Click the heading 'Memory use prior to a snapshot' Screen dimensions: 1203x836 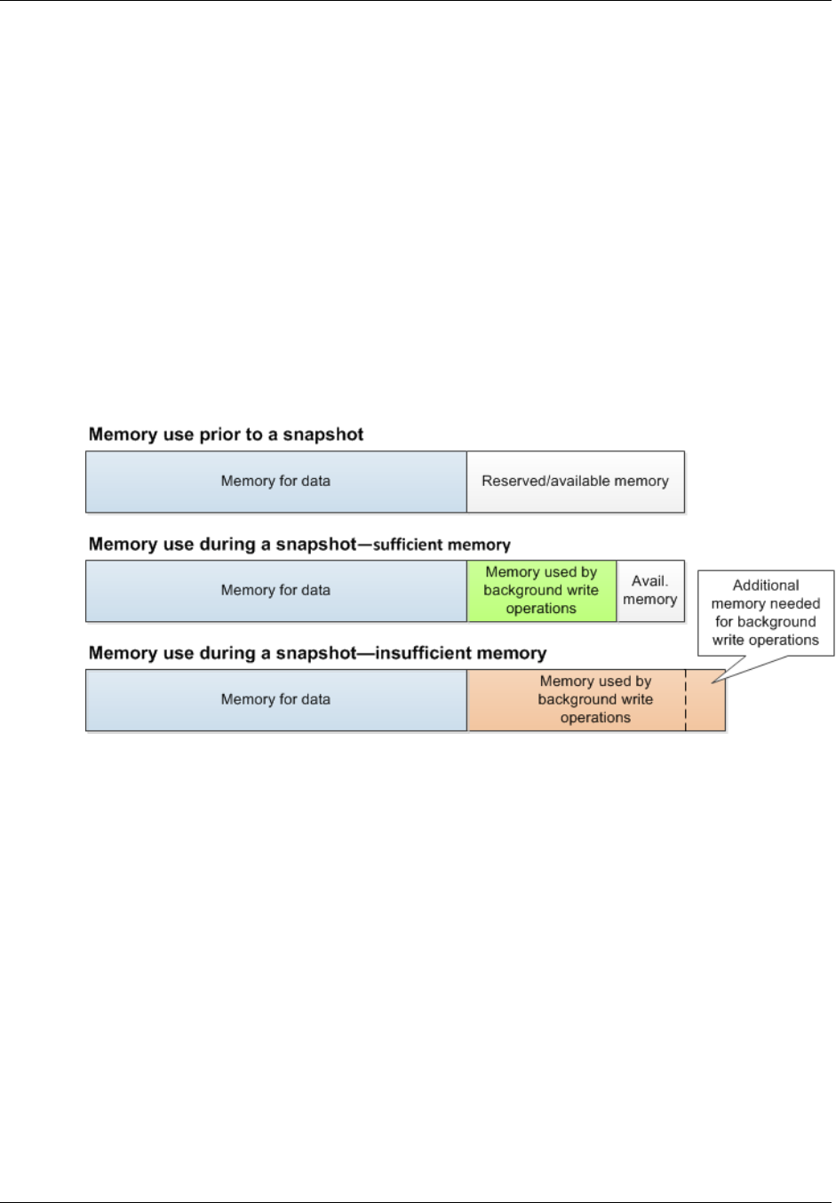pos(226,434)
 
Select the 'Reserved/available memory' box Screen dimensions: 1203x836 pos(575,482)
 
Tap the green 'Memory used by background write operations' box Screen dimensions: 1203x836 pos(541,591)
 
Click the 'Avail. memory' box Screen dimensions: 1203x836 pos(650,591)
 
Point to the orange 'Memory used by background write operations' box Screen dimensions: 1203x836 pos(576,700)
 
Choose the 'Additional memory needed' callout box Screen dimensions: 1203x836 pos(766,613)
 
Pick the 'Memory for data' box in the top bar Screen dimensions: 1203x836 pos(275,482)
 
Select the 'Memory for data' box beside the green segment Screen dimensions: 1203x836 pos(275,591)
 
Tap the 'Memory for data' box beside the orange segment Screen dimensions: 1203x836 pos(275,700)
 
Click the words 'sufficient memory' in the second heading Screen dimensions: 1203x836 pos(442,545)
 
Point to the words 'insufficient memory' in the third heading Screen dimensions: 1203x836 pos(460,654)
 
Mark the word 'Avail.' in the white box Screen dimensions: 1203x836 pos(649,581)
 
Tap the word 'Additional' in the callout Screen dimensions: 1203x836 pos(766,586)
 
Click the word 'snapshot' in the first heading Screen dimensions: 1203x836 pos(323,434)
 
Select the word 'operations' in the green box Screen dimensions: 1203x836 pos(541,609)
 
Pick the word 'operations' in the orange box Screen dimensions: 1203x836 pos(595,718)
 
